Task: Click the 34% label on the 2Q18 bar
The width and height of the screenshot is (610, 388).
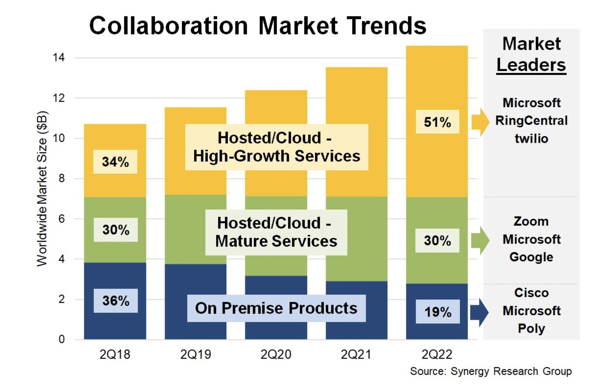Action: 115,162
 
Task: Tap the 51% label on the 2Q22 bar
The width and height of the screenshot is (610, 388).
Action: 437,122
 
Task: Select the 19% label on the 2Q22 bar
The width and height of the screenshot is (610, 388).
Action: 437,312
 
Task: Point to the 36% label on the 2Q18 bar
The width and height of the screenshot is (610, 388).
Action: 115,300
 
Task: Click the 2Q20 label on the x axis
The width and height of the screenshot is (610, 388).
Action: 276,354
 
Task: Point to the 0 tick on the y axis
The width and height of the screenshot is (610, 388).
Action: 62,339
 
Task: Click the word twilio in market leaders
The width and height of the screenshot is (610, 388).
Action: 531,139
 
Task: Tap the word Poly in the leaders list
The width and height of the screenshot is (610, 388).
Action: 531,328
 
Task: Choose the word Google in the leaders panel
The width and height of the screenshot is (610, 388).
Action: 531,257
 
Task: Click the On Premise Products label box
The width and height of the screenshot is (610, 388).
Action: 276,308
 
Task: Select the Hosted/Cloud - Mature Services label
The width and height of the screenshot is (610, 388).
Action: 276,232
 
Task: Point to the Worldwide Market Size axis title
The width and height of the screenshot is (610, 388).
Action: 42,189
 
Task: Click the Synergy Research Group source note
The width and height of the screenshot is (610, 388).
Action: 490,371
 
